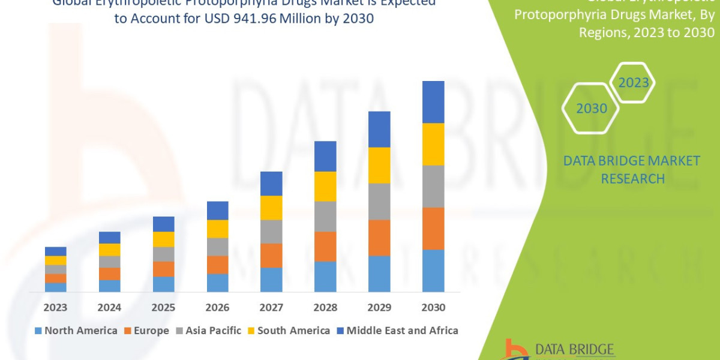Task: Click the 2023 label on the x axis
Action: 55,307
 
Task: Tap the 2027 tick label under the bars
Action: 271,307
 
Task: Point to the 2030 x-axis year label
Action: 433,307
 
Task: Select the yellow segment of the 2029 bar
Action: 379,165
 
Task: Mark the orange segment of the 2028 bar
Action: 325,246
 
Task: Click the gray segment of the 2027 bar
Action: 271,231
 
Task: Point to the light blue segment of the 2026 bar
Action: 217,283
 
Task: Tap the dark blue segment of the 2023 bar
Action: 55,251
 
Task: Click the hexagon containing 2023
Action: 632,83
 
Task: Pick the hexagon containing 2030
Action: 591,109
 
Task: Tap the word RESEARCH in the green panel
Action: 632,179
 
